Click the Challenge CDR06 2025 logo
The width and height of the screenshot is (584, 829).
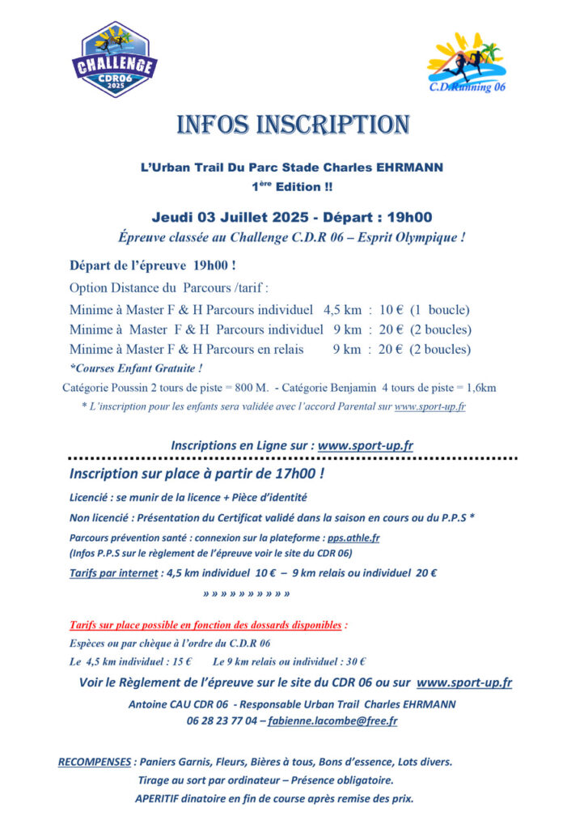coord(116,60)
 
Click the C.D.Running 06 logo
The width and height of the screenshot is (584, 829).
coord(466,63)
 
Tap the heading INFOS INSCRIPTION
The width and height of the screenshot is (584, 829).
coord(292,125)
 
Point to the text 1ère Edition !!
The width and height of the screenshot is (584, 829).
coord(292,187)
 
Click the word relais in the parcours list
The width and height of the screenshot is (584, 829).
coord(287,349)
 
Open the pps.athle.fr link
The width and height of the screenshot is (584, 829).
coord(353,537)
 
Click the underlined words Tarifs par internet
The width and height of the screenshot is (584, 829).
coord(114,573)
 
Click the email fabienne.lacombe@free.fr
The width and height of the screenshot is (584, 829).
coord(332,721)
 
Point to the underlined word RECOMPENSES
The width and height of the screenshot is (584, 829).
coord(95,762)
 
